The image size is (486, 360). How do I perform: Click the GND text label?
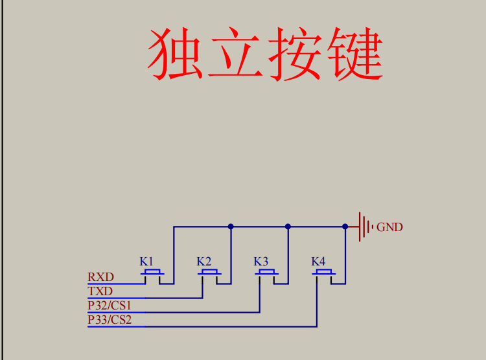(389, 227)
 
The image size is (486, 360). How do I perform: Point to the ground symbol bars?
(364, 227)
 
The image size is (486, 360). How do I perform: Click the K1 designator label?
(147, 262)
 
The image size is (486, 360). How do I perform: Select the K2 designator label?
(204, 262)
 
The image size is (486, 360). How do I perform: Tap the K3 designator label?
(260, 262)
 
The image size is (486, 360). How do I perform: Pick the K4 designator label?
(318, 262)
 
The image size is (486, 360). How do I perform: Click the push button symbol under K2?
(209, 275)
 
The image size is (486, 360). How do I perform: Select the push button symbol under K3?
(266, 275)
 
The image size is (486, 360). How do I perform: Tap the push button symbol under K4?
(323, 275)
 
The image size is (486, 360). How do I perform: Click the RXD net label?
(100, 277)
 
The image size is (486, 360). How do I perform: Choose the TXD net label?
(100, 291)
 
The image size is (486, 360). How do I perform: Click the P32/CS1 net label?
(110, 305)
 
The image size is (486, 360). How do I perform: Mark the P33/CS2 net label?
(110, 319)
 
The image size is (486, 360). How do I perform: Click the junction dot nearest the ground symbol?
(345, 227)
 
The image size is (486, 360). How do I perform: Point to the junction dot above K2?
(231, 227)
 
